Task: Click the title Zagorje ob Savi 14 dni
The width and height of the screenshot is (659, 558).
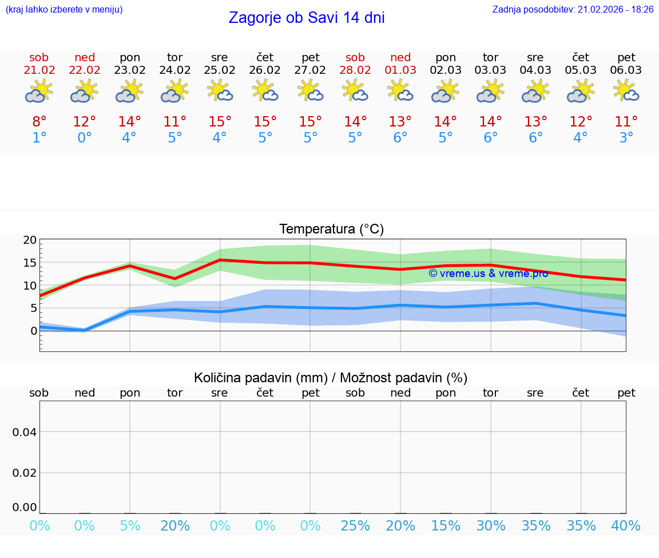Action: pyautogui.click(x=307, y=18)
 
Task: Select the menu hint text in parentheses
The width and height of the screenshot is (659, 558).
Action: pyautogui.click(x=63, y=10)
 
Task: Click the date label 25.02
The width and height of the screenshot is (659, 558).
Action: pyautogui.click(x=220, y=70)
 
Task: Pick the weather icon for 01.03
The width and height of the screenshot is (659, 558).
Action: pyautogui.click(x=400, y=92)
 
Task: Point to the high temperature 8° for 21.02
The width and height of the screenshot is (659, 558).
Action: pyautogui.click(x=39, y=122)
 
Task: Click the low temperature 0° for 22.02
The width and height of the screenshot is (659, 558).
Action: pyautogui.click(x=84, y=138)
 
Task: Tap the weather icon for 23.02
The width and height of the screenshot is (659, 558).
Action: pyautogui.click(x=129, y=92)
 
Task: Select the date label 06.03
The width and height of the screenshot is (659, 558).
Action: pyautogui.click(x=626, y=70)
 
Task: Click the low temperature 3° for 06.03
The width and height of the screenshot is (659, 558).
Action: pyautogui.click(x=626, y=138)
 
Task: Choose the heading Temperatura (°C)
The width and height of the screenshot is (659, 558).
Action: pyautogui.click(x=331, y=229)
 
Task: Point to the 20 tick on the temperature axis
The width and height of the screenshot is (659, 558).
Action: pyautogui.click(x=30, y=240)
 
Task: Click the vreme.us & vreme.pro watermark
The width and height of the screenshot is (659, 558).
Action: pyautogui.click(x=488, y=274)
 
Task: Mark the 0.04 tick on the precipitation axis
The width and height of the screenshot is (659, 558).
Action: pyautogui.click(x=25, y=432)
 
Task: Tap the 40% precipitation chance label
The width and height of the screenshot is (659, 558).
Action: pyautogui.click(x=626, y=526)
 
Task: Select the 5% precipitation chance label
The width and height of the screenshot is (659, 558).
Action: pyautogui.click(x=130, y=526)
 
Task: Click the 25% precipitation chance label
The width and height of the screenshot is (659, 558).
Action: pyautogui.click(x=355, y=526)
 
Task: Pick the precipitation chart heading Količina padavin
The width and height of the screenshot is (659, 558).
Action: pyautogui.click(x=331, y=378)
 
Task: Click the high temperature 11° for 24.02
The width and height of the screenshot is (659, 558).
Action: pyautogui.click(x=174, y=122)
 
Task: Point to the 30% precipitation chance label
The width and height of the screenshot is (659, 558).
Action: pyautogui.click(x=491, y=526)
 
